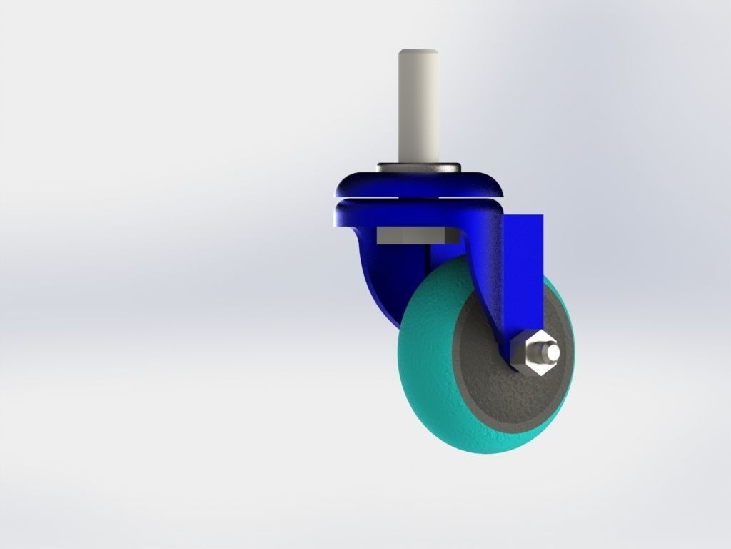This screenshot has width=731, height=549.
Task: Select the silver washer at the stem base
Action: (x=419, y=168)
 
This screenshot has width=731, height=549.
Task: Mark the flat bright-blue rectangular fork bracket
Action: (x=525, y=272)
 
